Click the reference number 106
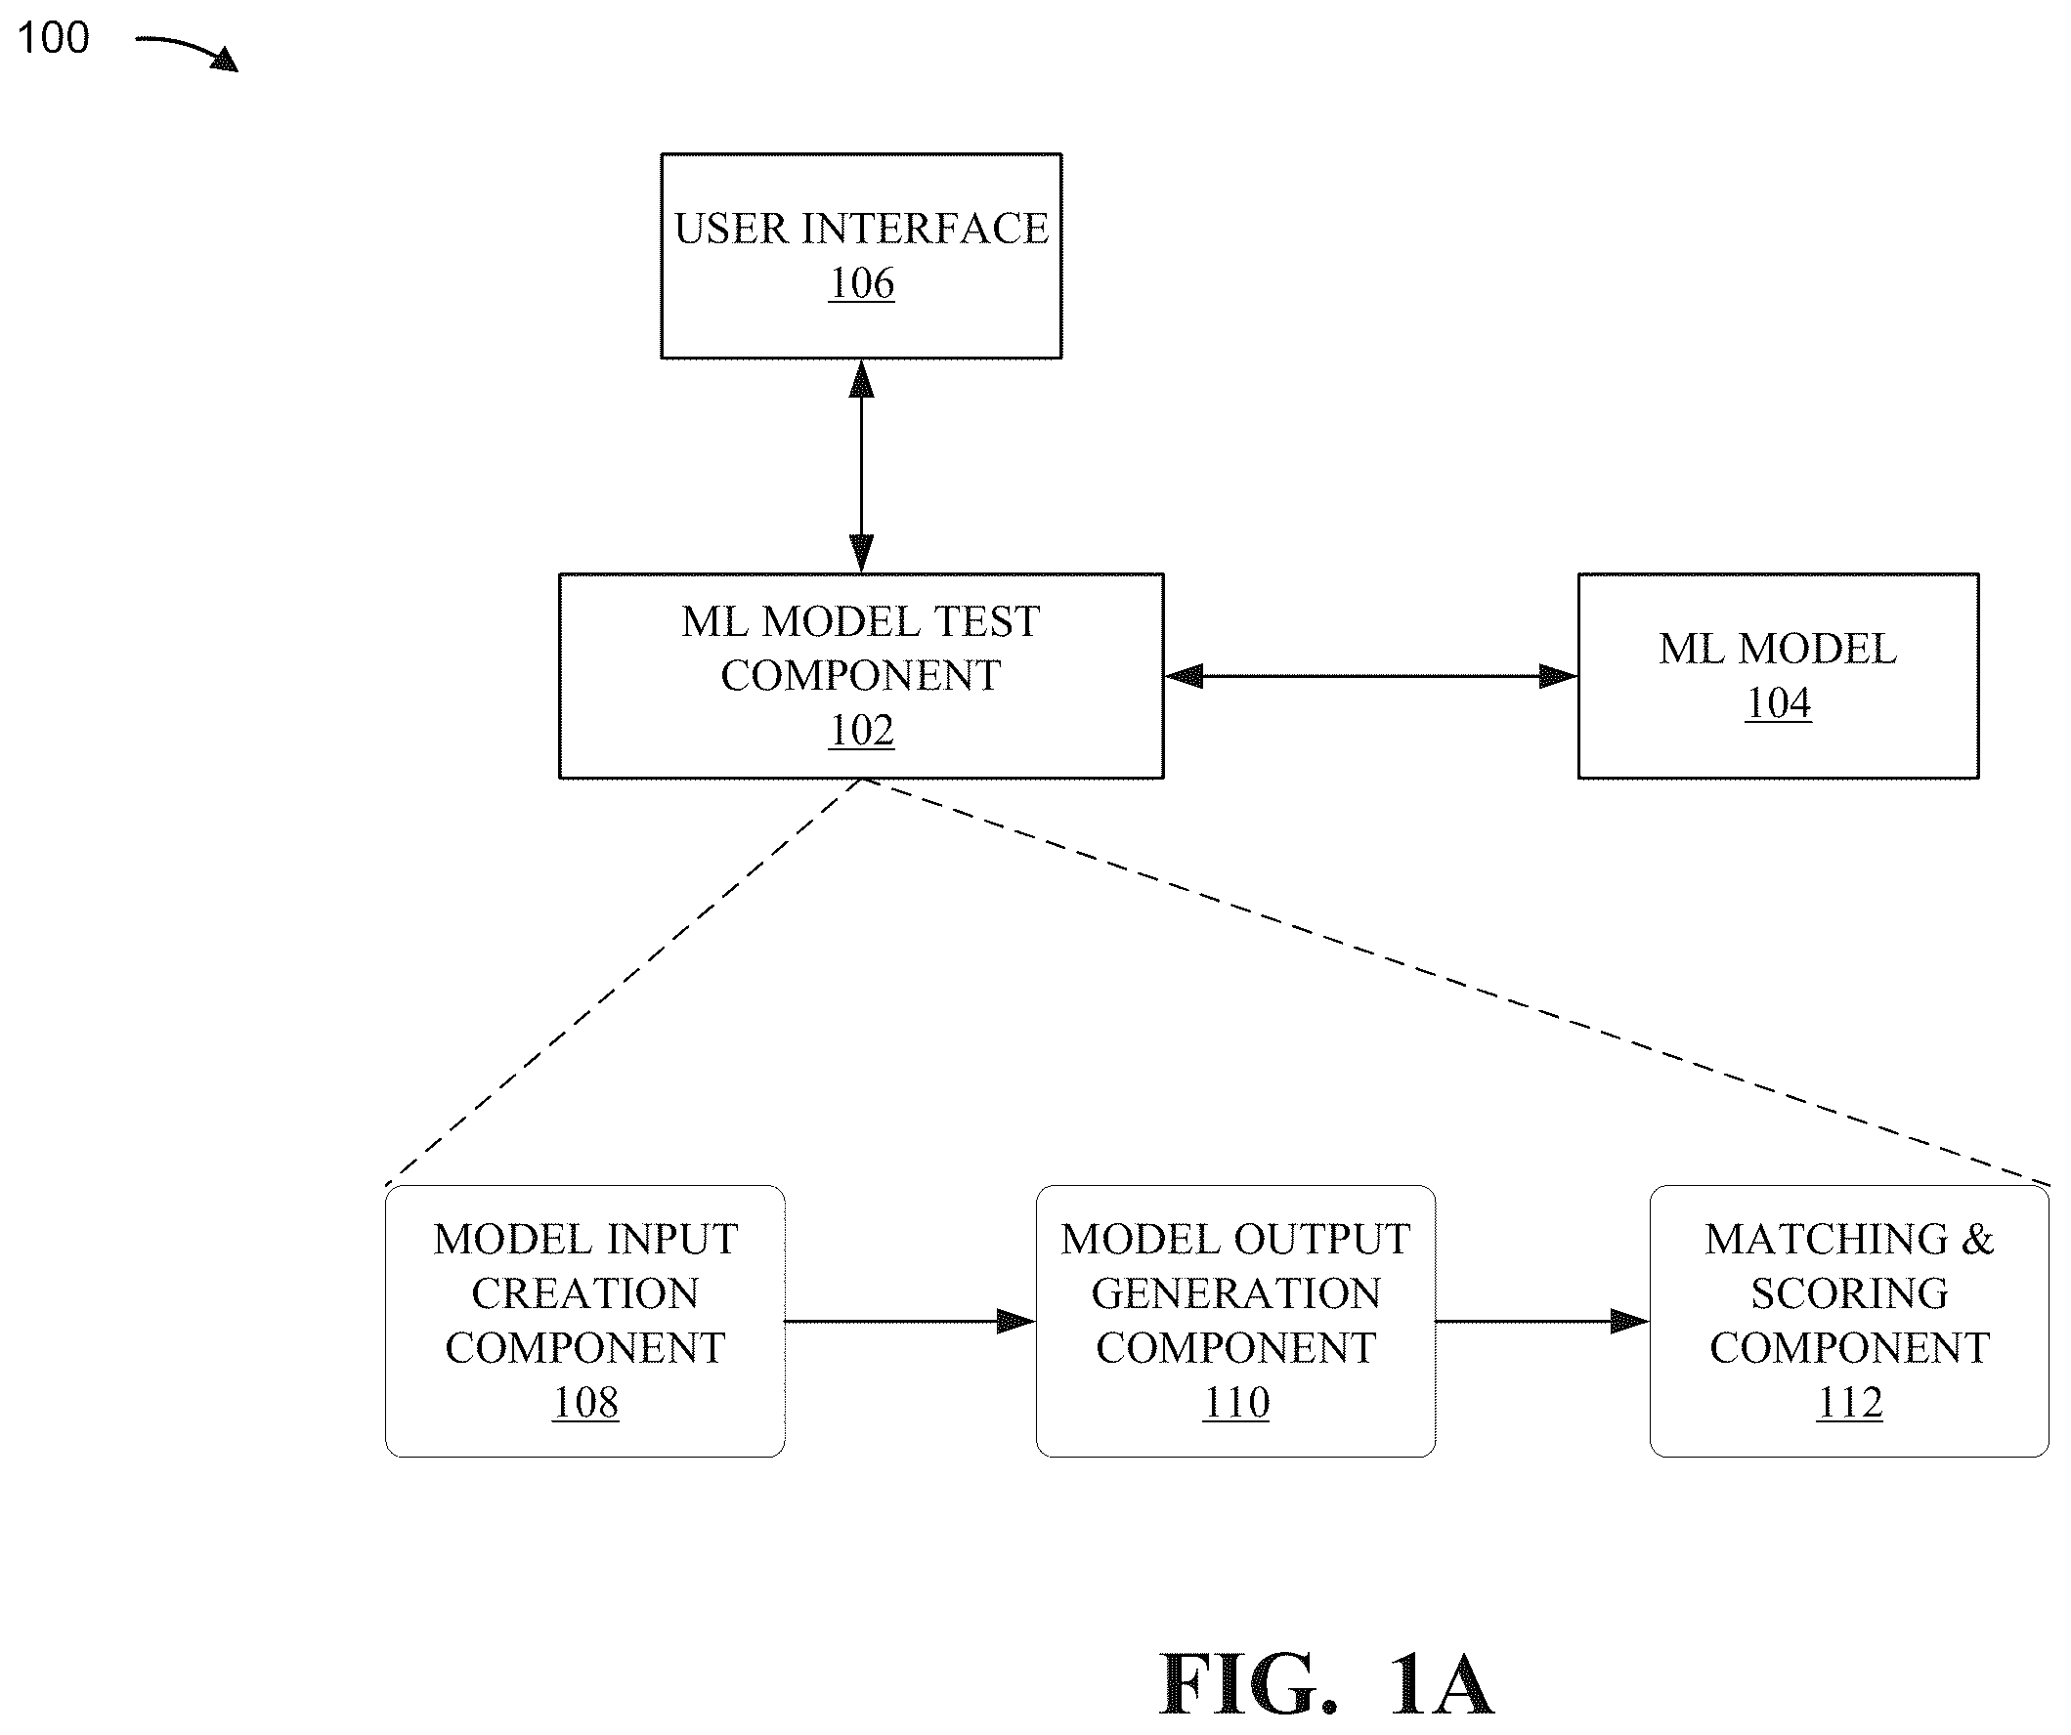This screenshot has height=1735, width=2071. point(861,283)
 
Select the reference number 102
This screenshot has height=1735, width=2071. point(861,730)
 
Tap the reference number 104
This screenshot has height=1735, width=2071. point(1778,702)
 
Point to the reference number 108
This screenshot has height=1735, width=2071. point(585,1402)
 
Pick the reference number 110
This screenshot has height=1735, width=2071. point(1235,1402)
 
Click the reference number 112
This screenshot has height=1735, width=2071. point(1849,1402)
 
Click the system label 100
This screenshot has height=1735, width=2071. point(53,38)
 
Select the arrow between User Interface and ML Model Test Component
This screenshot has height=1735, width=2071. point(861,465)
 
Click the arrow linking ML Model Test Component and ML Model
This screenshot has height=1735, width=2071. point(1371,676)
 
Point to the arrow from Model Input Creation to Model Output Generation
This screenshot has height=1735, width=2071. point(910,1321)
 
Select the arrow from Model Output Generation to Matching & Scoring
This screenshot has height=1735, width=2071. point(1542,1321)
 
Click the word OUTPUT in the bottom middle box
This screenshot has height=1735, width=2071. point(1321,1239)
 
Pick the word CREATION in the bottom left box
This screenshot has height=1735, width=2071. point(585,1293)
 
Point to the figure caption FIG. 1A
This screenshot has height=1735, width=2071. point(1326,1684)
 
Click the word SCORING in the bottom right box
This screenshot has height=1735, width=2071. point(1849,1293)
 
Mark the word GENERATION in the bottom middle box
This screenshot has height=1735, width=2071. point(1235,1293)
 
